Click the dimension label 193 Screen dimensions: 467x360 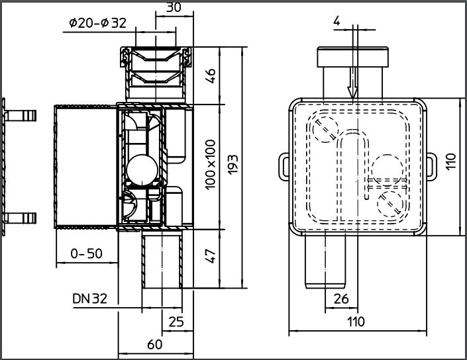pos(233,165)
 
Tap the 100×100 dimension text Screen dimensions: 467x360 pos(210,165)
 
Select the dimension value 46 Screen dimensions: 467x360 pos(210,76)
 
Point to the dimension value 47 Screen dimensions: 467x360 pos(210,256)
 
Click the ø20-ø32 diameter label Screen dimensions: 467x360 pos(97,23)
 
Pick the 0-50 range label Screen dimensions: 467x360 pos(86,253)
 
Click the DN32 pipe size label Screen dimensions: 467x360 pos(89,298)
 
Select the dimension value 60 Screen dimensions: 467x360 pos(155,345)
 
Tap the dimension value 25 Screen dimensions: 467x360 pos(176,322)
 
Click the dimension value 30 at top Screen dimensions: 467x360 pos(174,7)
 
